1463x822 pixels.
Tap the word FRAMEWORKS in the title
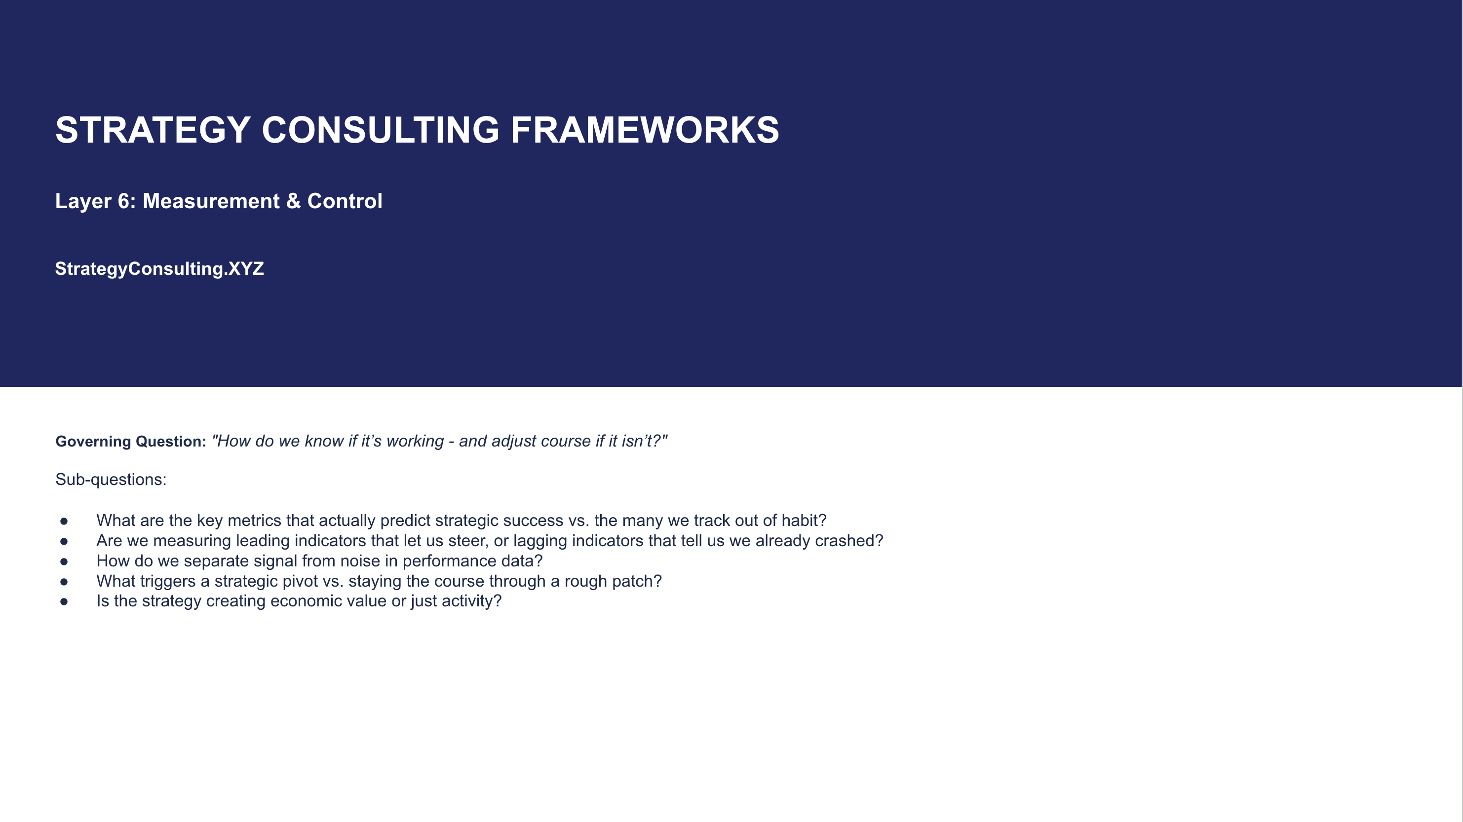[x=645, y=130]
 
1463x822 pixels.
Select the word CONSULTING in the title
[x=381, y=130]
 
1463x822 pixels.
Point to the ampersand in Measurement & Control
[x=293, y=201]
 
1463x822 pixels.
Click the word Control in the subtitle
[x=345, y=201]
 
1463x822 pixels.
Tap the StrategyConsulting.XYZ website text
[x=159, y=268]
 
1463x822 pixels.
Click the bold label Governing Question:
[x=131, y=442]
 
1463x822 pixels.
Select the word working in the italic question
[x=415, y=441]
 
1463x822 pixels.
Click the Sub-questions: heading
[x=111, y=480]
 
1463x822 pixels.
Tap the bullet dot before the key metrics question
[x=64, y=521]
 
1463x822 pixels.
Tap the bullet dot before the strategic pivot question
[x=64, y=582]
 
